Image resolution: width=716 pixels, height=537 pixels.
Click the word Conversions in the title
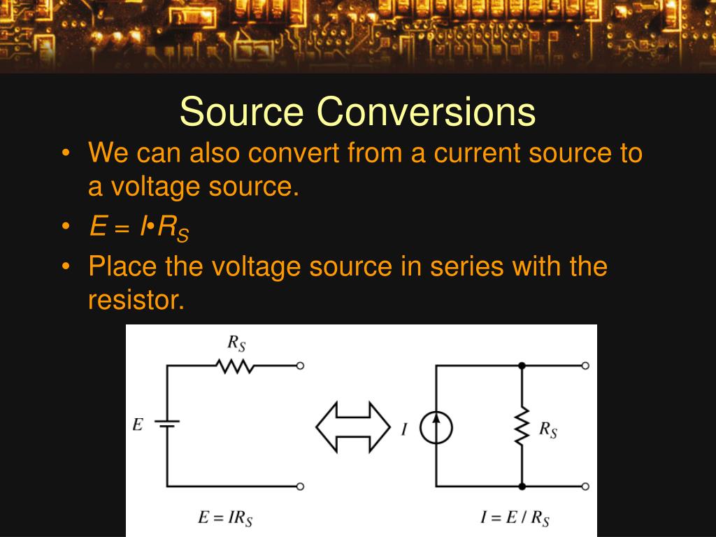point(426,111)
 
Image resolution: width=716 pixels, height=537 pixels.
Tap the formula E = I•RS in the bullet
point(138,227)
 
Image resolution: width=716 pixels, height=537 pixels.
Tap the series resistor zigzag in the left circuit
point(235,366)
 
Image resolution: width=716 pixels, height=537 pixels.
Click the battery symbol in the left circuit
point(167,424)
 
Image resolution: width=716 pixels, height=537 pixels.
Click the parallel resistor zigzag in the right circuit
point(522,427)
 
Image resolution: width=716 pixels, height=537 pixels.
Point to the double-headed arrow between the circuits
point(353,426)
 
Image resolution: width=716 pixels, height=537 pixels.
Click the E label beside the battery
point(138,424)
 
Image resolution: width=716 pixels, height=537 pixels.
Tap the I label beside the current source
point(404,429)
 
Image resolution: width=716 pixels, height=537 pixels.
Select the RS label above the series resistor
point(236,343)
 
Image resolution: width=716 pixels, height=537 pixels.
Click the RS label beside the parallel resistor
point(547,429)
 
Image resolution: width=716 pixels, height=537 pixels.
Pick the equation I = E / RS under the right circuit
point(515,518)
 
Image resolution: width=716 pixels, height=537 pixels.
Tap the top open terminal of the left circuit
point(300,366)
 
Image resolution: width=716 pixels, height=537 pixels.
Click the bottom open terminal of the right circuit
point(585,486)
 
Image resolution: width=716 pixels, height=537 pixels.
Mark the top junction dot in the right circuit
point(522,366)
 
